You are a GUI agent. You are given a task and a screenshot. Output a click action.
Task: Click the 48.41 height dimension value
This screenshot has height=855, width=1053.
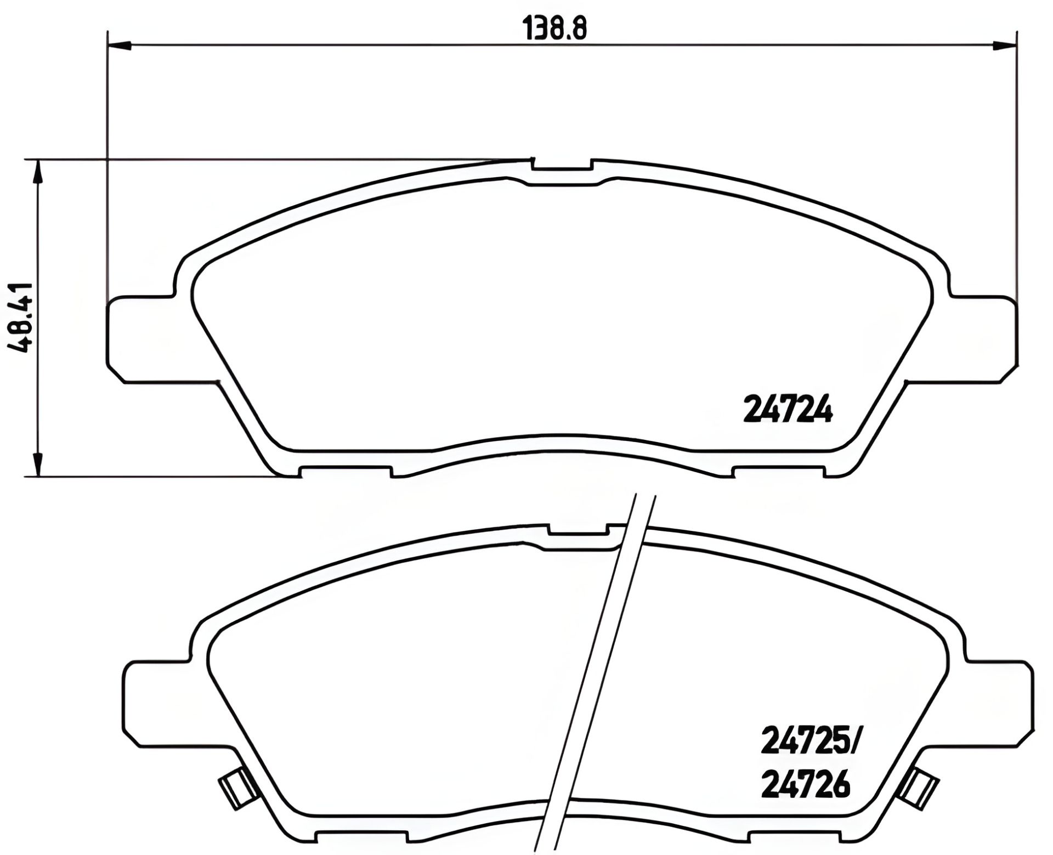click(21, 318)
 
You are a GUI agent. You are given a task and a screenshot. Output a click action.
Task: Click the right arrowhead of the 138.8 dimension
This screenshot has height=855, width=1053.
click(1005, 46)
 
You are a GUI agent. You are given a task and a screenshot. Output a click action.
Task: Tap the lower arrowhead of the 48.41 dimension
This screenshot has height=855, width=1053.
click(37, 464)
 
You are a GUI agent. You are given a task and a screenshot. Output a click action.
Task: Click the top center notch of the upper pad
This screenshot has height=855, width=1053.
click(562, 164)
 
